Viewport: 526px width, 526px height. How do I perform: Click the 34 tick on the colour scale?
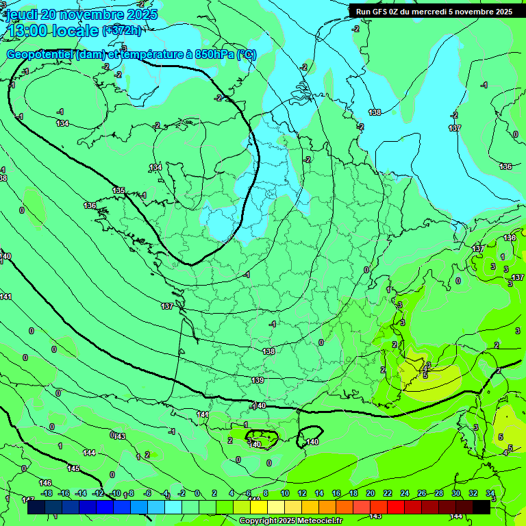(x=490, y=493)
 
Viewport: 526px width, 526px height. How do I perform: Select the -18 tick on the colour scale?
(x=47, y=493)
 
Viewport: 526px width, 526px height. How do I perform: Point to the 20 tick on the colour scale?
(x=370, y=493)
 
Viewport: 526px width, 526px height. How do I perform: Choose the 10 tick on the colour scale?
(x=284, y=493)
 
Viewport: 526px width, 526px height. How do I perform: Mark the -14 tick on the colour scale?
(x=81, y=493)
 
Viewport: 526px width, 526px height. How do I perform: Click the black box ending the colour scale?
(x=481, y=507)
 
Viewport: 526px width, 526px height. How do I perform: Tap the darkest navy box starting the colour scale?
(x=36, y=507)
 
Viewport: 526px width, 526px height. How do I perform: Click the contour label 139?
(x=258, y=380)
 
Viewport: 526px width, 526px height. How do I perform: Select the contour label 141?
(x=5, y=297)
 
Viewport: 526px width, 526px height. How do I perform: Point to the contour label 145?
(x=73, y=469)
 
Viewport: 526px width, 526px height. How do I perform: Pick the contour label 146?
(x=45, y=483)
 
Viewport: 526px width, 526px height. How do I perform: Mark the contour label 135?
(x=119, y=190)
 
